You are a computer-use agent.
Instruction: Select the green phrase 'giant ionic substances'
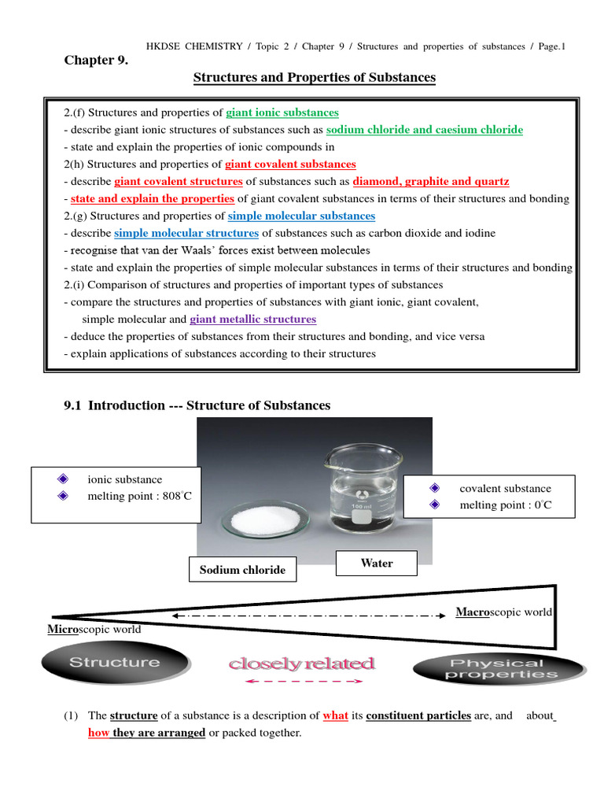[282, 113]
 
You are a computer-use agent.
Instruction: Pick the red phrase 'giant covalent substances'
[290, 164]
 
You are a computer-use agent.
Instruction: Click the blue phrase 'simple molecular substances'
[301, 216]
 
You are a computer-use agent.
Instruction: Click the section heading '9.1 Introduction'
[197, 405]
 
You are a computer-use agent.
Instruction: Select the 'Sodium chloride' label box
[242, 569]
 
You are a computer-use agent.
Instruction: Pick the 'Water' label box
[376, 564]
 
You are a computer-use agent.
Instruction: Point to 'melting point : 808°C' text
[139, 496]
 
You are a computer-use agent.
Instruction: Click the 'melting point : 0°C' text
[506, 505]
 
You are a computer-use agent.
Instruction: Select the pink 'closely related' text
[301, 664]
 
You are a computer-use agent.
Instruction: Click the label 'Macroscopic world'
[504, 612]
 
